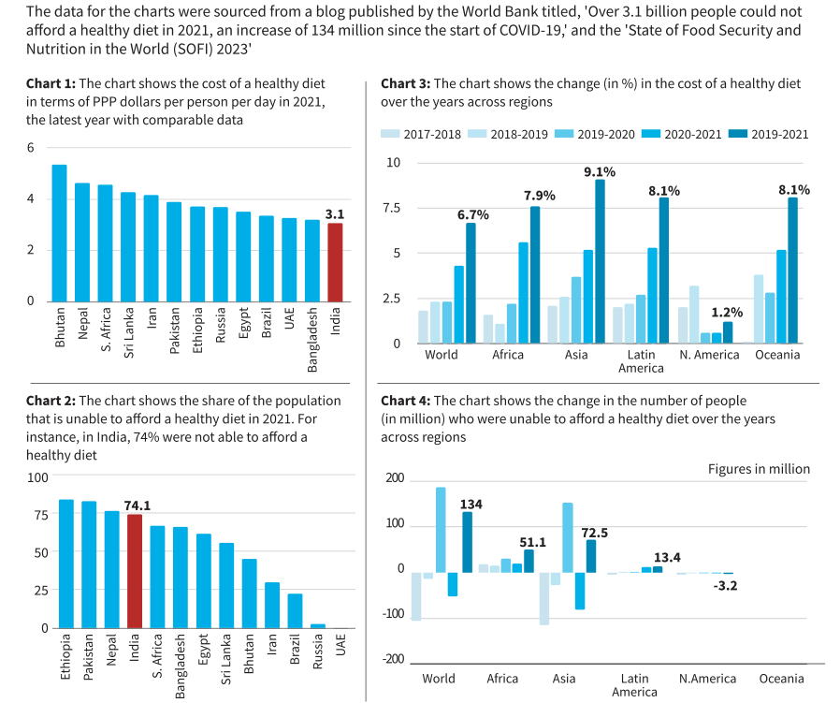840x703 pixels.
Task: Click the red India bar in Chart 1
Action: click(x=335, y=262)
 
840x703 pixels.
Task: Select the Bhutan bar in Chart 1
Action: click(x=59, y=233)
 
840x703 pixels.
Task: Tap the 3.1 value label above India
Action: click(x=335, y=213)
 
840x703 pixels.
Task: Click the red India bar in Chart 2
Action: click(x=135, y=571)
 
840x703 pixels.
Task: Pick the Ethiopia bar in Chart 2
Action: click(x=66, y=564)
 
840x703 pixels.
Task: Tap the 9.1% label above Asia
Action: click(x=600, y=171)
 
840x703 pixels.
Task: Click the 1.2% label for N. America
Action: click(x=727, y=314)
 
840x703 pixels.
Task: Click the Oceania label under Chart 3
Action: click(x=778, y=355)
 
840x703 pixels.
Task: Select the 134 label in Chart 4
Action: click(x=471, y=505)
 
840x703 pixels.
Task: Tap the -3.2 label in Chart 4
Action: click(x=726, y=586)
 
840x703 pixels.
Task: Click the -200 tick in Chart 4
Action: click(x=394, y=659)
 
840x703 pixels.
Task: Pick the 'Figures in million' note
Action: click(x=759, y=469)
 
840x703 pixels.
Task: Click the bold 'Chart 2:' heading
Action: click(x=51, y=401)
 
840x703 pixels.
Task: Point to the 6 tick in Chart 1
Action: click(x=30, y=148)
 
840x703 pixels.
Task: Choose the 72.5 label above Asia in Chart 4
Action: click(x=595, y=533)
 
